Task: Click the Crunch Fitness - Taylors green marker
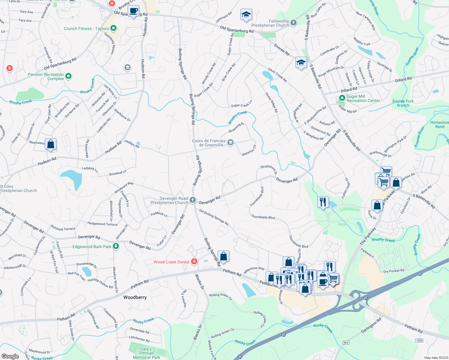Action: (113, 28)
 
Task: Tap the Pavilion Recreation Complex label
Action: (46, 76)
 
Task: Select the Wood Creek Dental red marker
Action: (194, 262)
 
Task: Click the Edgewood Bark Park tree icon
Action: (116, 247)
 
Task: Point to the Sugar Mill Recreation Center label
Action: (363, 98)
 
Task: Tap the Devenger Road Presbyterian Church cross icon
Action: (193, 200)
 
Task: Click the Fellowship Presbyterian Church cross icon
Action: (294, 22)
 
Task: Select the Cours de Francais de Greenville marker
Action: (231, 142)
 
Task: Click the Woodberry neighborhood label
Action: (135, 297)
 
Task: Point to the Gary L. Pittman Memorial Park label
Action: (146, 353)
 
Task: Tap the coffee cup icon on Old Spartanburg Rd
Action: (133, 11)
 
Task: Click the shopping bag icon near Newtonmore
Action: (51, 144)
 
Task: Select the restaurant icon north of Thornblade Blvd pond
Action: (323, 202)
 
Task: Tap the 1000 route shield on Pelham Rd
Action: (419, 340)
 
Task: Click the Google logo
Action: (10, 356)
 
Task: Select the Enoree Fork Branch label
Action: (403, 103)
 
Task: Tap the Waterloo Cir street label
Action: (249, 150)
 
